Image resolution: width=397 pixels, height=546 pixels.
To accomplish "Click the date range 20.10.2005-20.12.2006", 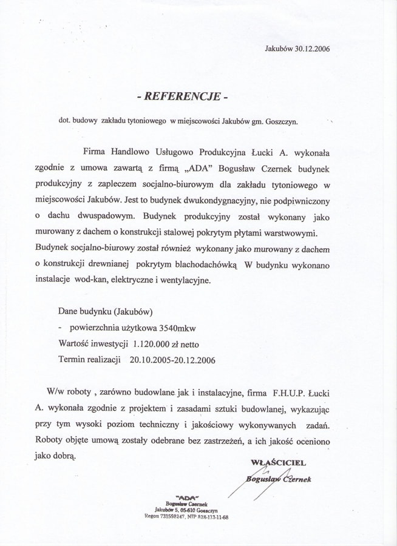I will tap(172, 359).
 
